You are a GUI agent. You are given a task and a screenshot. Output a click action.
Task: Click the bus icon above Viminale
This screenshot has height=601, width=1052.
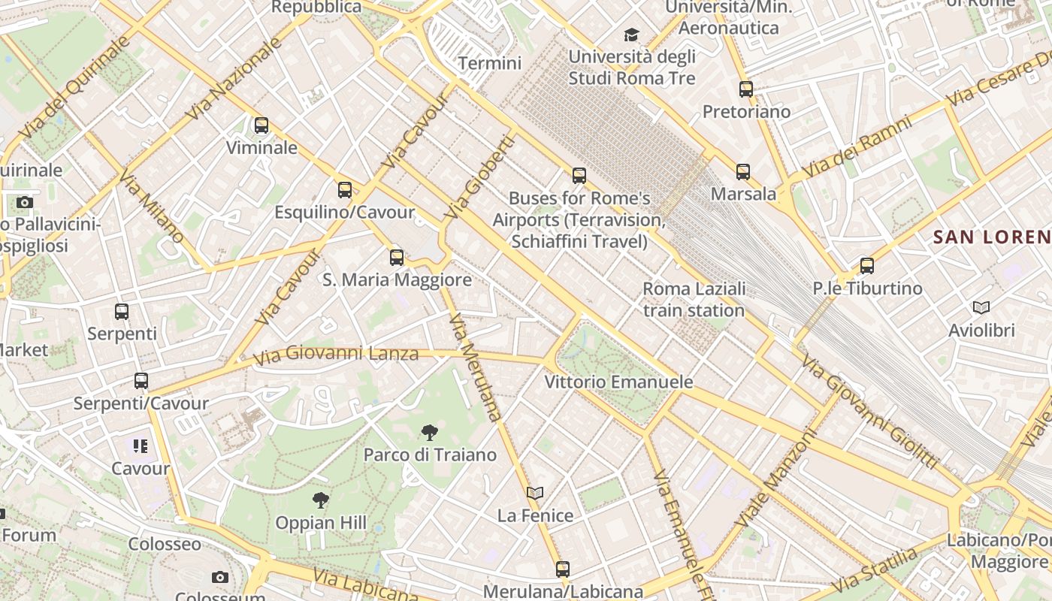pyautogui.click(x=261, y=125)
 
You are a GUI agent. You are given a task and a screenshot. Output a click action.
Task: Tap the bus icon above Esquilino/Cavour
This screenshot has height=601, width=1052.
pyautogui.click(x=345, y=189)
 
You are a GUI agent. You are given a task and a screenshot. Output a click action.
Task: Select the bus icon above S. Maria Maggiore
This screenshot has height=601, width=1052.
pyautogui.click(x=397, y=258)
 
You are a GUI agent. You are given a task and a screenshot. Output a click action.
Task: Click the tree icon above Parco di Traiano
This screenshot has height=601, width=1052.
pyautogui.click(x=430, y=432)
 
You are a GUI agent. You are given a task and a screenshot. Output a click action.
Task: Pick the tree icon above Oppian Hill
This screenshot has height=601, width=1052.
pyautogui.click(x=321, y=500)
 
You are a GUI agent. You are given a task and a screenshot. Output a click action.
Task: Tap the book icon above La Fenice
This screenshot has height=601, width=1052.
pyautogui.click(x=535, y=494)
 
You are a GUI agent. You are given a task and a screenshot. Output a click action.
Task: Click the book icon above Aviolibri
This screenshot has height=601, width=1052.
pyautogui.click(x=981, y=307)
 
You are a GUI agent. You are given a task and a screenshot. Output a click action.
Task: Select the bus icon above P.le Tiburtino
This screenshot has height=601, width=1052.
pyautogui.click(x=867, y=265)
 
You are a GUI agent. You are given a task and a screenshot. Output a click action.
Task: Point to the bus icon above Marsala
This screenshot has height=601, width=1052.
pyautogui.click(x=743, y=172)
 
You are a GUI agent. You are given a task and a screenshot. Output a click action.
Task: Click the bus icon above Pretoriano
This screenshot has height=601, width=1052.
pyautogui.click(x=746, y=89)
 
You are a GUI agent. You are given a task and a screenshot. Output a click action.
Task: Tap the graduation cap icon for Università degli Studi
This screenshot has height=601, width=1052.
pyautogui.click(x=631, y=35)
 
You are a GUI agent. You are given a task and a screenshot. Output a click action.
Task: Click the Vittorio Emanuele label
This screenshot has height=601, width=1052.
pyautogui.click(x=618, y=382)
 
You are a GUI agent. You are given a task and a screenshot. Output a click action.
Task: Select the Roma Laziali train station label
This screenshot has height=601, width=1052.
pyautogui.click(x=694, y=299)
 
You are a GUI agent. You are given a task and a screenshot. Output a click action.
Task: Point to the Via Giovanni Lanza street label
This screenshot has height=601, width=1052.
pyautogui.click(x=335, y=353)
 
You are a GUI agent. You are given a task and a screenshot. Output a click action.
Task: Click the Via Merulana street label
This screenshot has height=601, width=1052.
pyautogui.click(x=475, y=367)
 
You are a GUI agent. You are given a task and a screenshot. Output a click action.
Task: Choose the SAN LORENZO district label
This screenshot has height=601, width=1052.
pyautogui.click(x=991, y=237)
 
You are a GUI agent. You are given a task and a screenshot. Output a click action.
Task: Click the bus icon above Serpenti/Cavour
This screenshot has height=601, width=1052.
pyautogui.click(x=141, y=381)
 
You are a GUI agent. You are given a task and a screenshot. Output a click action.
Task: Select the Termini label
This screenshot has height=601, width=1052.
pyautogui.click(x=490, y=63)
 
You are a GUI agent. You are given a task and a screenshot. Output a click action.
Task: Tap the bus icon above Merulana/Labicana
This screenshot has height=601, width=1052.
pyautogui.click(x=563, y=569)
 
